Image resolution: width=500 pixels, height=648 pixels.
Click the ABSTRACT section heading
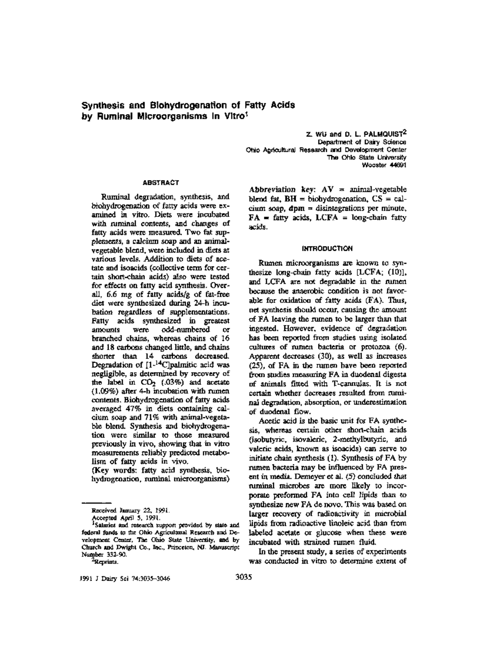160,182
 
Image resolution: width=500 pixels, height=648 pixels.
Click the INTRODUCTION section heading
327,248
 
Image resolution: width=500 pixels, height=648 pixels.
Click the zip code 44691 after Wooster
398,165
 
